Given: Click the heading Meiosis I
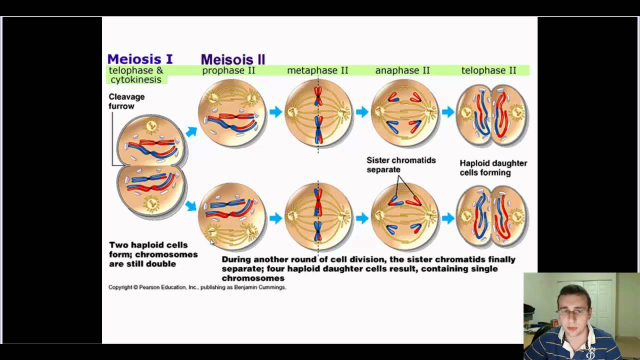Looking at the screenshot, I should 139,59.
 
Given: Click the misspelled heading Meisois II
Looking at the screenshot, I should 232,59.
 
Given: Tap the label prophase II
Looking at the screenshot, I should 228,70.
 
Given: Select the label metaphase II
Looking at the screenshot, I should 317,70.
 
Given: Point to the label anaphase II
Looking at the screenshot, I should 402,70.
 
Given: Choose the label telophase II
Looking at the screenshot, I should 488,70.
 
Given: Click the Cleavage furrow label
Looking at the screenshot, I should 126,101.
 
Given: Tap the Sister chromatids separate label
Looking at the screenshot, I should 401,164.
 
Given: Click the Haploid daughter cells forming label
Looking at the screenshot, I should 493,167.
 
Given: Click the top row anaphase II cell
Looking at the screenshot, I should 404,112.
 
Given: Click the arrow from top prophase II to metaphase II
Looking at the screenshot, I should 275,112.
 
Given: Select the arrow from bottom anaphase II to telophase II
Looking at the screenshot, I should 447,218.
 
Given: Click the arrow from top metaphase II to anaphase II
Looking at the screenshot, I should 361,112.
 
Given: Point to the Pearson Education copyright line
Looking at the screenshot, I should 197,287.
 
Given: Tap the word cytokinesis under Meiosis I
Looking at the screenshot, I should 135,80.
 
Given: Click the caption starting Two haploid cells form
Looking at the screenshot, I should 153,254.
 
